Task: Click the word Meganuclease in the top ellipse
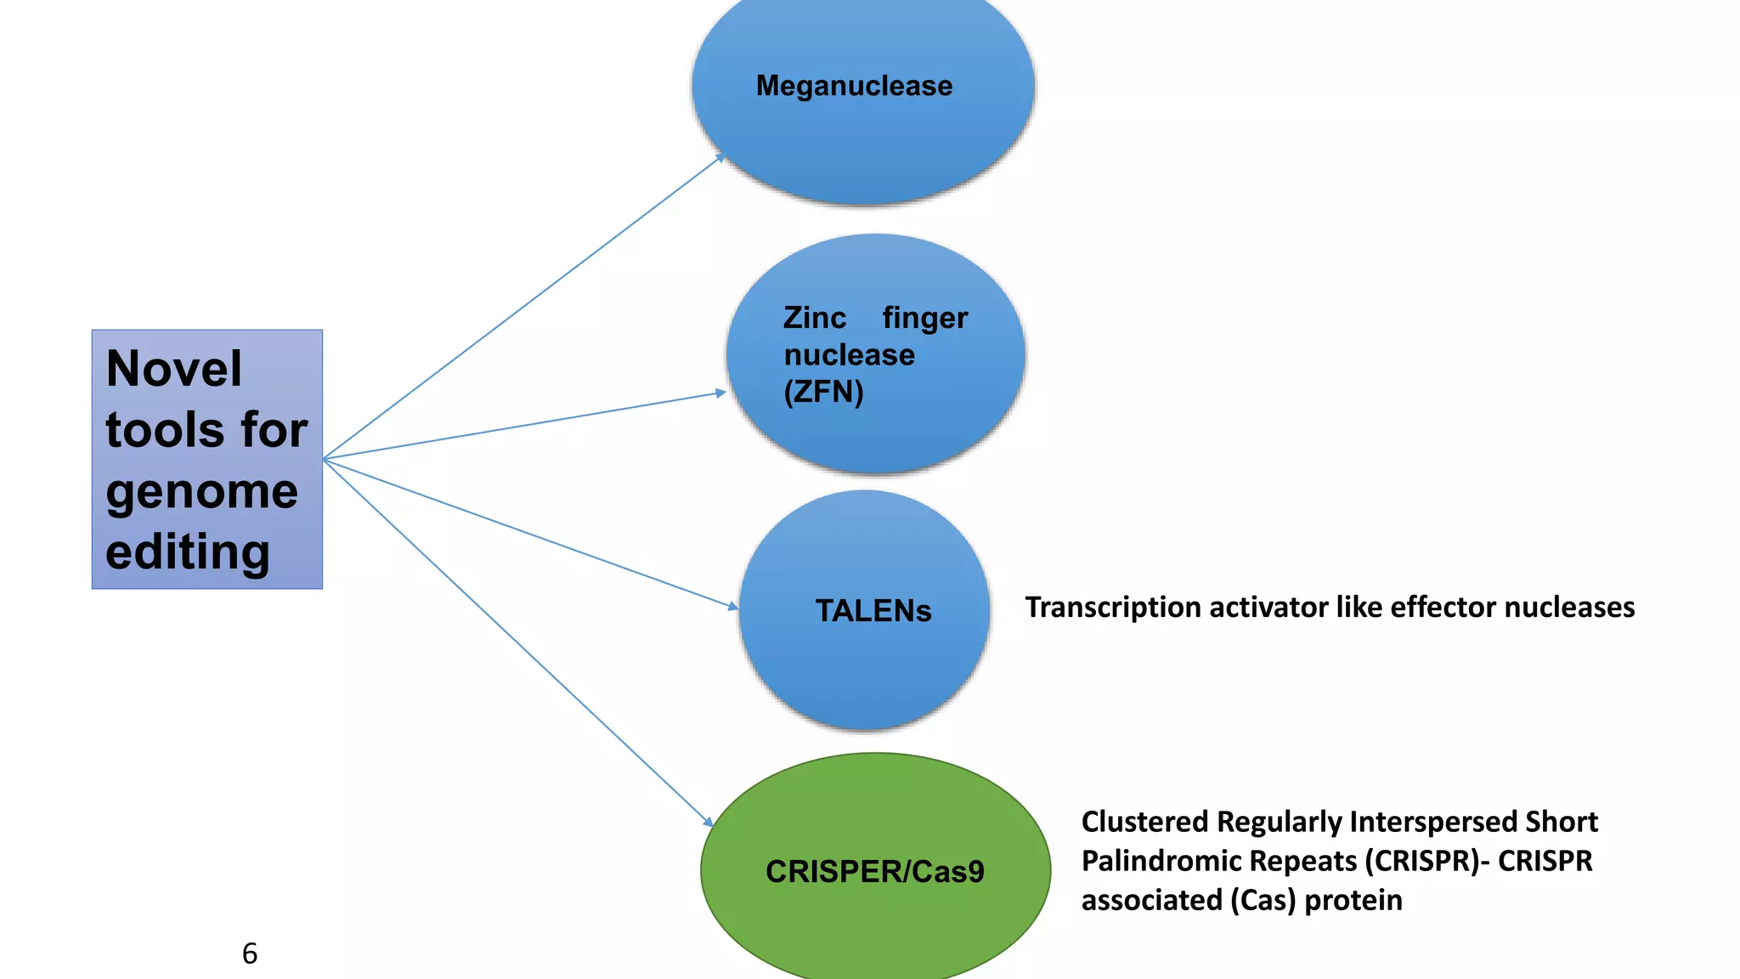pos(854,86)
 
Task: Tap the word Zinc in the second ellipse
pos(814,318)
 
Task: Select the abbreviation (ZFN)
pos(823,392)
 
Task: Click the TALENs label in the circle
pos(873,611)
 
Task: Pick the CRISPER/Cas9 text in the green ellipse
pos(874,872)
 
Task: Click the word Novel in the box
pos(174,369)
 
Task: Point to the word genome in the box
pos(202,491)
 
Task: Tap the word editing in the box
pos(188,552)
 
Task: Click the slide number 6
pos(250,954)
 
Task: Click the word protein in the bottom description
pos(1353,900)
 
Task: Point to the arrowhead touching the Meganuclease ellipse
pos(720,157)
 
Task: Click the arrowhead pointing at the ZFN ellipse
pos(721,393)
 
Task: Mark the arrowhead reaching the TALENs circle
pos(734,607)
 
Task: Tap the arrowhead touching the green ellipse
pos(709,822)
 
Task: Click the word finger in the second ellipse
pos(924,318)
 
